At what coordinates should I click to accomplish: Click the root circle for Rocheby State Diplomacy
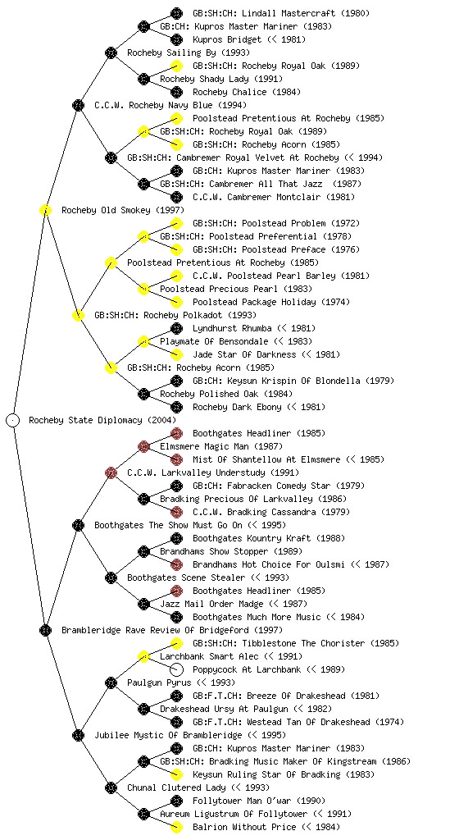tap(13, 420)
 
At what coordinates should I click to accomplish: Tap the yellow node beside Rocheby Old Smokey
tap(45, 210)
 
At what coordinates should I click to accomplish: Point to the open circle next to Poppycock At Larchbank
tap(176, 669)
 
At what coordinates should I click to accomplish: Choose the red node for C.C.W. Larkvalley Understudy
tap(111, 472)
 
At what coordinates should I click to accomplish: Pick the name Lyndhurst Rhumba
tap(232, 328)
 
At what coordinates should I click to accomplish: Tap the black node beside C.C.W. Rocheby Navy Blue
tap(78, 105)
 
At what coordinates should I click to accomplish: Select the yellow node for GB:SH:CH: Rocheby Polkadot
tap(78, 315)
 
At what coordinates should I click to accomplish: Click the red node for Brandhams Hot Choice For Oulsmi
tap(176, 564)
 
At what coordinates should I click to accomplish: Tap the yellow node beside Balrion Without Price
tap(176, 827)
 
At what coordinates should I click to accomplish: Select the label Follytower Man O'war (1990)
tap(259, 801)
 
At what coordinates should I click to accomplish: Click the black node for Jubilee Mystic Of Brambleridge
tap(78, 735)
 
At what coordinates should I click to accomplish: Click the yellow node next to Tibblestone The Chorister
tap(176, 643)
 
